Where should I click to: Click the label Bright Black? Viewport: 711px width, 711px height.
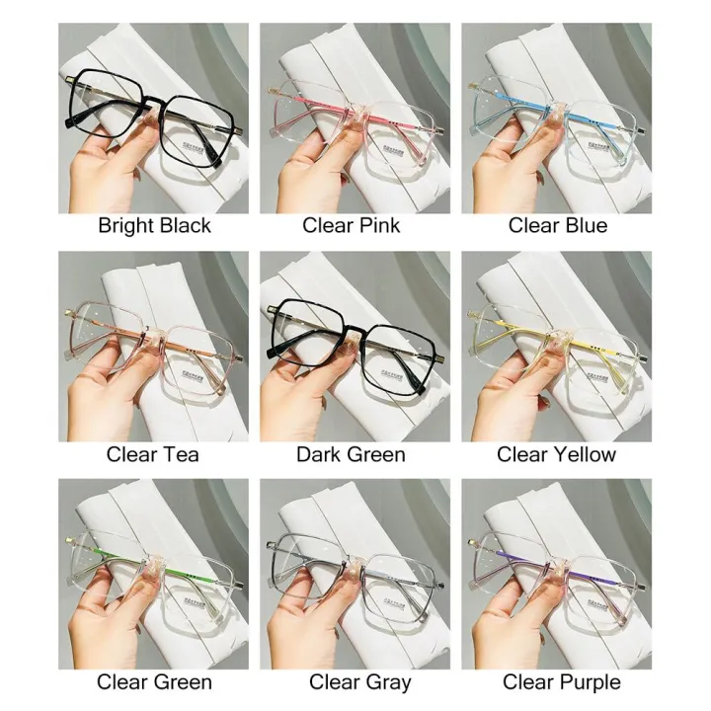pos(154,226)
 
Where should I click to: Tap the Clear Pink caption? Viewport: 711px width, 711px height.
pos(352,226)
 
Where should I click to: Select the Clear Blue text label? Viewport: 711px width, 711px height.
pos(558,226)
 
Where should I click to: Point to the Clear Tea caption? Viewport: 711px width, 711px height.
pos(153,454)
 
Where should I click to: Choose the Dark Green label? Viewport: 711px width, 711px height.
pos(351,454)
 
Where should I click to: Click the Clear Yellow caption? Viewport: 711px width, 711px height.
pos(557,454)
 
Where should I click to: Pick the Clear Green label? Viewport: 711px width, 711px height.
pos(153,682)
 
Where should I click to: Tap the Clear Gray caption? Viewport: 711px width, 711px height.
pos(359,682)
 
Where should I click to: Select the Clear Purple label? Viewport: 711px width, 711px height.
pos(562,682)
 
